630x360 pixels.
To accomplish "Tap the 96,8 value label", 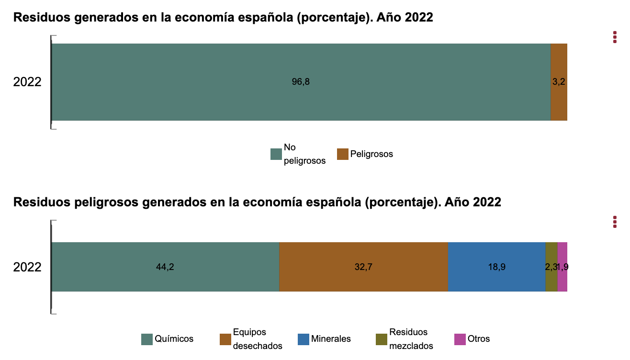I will tap(301, 82).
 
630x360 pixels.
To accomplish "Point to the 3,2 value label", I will tap(559, 82).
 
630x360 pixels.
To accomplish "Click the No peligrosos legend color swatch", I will tap(276, 154).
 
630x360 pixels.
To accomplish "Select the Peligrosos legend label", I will tap(371, 154).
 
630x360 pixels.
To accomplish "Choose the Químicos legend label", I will tap(174, 339).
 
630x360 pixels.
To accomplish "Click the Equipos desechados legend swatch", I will tap(225, 339).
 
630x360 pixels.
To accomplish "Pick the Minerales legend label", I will tap(331, 339).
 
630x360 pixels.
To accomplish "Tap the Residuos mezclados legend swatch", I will tap(382, 339).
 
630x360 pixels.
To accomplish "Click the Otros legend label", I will tap(479, 339).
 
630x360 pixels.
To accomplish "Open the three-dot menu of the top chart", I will tap(615, 37).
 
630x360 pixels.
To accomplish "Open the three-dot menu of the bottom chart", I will tap(615, 222).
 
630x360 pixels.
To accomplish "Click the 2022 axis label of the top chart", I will tap(27, 82).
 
